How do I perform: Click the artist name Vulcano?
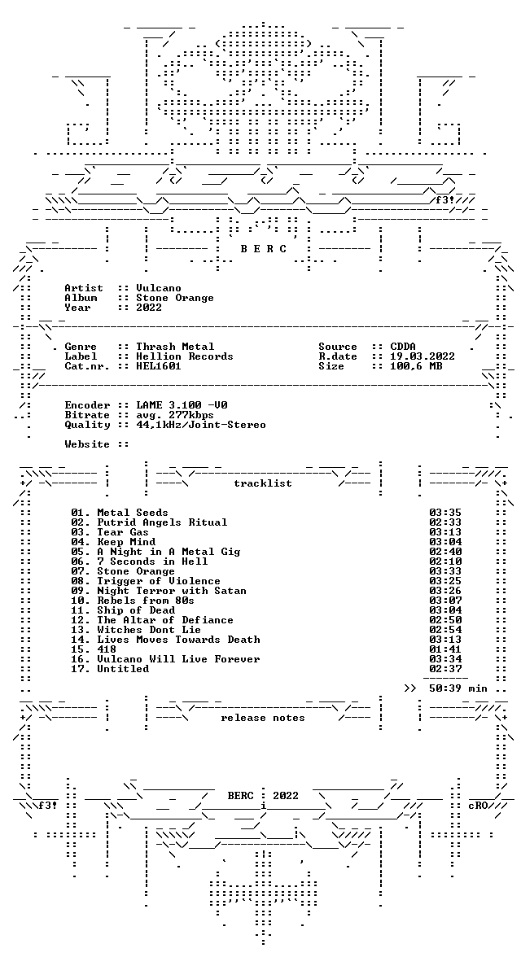tap(158, 288)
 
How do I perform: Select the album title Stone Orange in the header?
tap(175, 298)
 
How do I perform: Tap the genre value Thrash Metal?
tap(175, 347)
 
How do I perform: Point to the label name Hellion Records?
tap(185, 356)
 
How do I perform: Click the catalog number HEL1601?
tap(158, 366)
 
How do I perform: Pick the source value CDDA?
tap(402, 347)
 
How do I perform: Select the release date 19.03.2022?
tap(422, 356)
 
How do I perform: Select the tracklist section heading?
tap(263, 483)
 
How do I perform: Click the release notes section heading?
tap(263, 718)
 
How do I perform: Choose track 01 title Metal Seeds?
tap(133, 513)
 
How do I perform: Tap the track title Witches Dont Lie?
tap(148, 630)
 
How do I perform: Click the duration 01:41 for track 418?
tap(445, 649)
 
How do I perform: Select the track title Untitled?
tap(123, 669)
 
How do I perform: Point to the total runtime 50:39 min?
tap(458, 688)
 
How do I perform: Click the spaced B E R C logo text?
tap(263, 249)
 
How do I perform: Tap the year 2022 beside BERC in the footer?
tap(285, 796)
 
